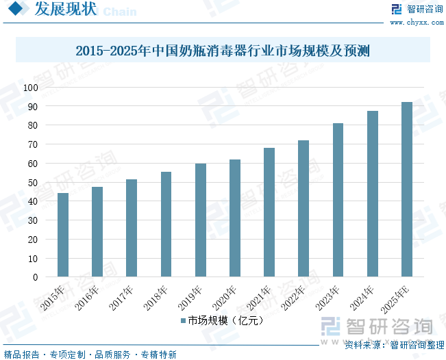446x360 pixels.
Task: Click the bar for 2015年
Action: pos(63,235)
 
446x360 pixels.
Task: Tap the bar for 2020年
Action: pos(235,218)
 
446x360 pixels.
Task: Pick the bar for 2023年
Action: pos(338,200)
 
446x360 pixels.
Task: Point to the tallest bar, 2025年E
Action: pos(407,190)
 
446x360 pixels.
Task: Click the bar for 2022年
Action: pos(303,209)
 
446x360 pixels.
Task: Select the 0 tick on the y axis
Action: pos(34,278)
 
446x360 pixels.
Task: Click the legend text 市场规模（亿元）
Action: pos(225,320)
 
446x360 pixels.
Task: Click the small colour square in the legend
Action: pos(184,320)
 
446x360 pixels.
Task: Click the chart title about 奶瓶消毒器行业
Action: pos(223,51)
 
